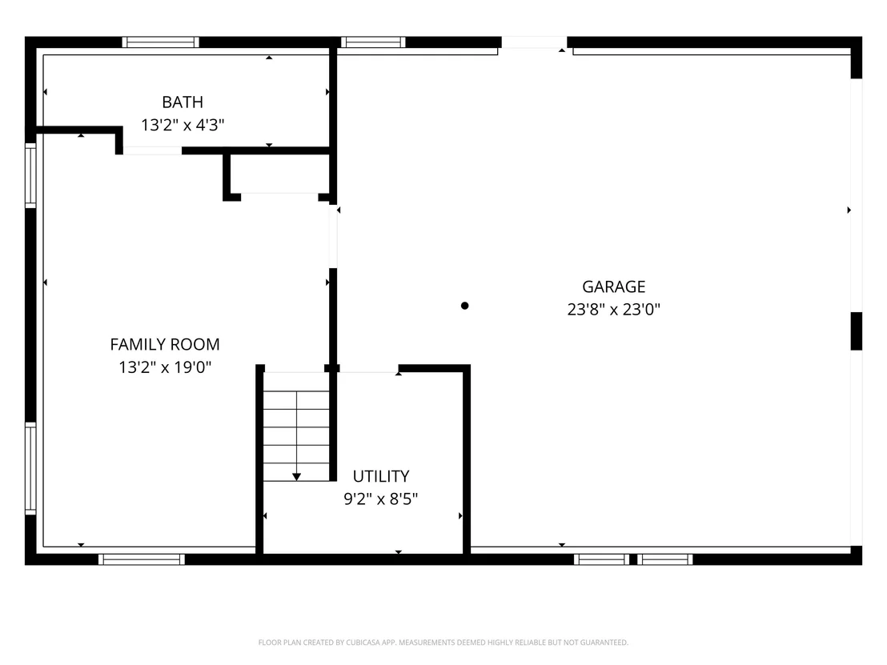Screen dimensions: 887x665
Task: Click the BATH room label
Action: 183,102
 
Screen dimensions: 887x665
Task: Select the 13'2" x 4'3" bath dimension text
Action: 183,125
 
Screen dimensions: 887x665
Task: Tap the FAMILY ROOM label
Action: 165,344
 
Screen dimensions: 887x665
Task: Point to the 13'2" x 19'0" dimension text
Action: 165,367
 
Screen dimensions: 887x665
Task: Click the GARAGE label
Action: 614,286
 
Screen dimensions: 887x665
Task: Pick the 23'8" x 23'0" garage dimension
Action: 614,310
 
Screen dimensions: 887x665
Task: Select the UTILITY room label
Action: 381,476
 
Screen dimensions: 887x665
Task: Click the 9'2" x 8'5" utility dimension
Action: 381,499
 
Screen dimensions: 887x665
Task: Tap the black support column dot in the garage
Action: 464,306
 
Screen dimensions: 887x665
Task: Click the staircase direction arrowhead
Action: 296,477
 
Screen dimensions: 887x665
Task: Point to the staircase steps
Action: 296,427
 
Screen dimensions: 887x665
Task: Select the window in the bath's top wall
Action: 161,42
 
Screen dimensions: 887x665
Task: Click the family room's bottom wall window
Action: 142,559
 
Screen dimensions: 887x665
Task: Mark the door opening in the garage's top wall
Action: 534,43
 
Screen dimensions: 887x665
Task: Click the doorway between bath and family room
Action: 152,150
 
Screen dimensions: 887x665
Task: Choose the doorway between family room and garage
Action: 333,236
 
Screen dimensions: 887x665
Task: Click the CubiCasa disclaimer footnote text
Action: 443,643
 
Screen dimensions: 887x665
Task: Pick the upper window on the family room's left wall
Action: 30,175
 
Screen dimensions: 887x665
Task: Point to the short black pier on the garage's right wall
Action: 857,331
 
